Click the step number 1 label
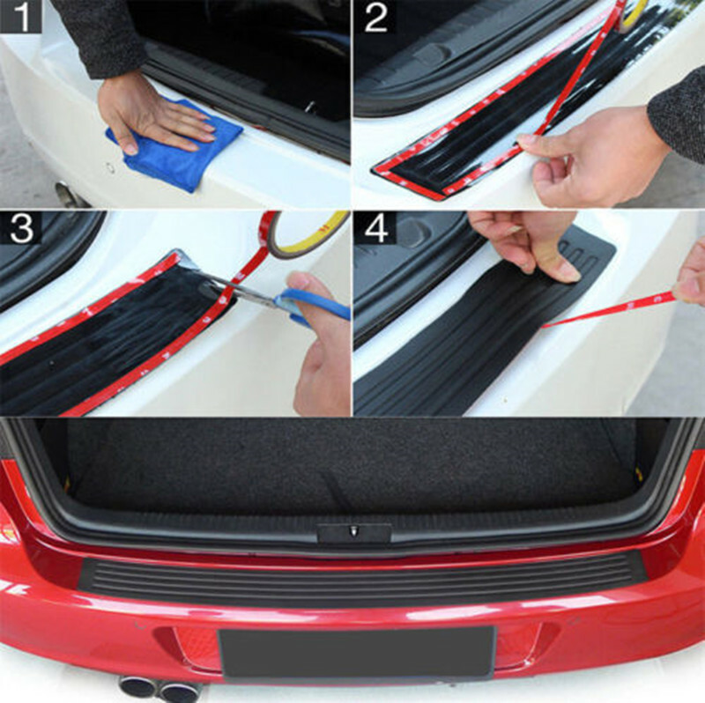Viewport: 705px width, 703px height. coord(20,17)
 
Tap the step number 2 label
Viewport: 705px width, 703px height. coord(376,18)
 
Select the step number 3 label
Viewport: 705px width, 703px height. coord(21,228)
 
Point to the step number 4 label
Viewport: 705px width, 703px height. coord(376,229)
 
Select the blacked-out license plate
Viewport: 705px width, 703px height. coord(356,653)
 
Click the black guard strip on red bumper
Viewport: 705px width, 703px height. coord(363,580)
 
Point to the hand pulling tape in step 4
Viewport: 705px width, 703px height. coord(690,278)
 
